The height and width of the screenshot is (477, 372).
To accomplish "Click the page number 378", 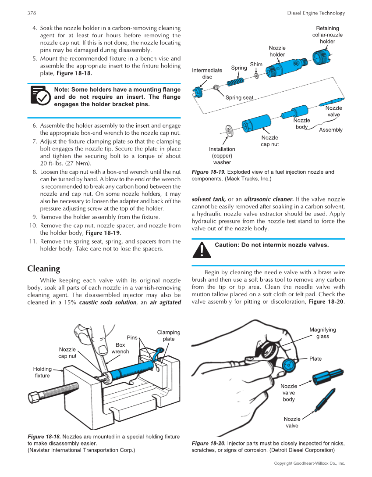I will [x=31, y=13].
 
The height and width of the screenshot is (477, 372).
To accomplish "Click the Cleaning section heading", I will [x=43, y=269].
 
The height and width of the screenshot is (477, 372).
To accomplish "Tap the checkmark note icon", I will [x=40, y=96].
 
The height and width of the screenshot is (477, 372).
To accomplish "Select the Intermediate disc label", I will [x=207, y=73].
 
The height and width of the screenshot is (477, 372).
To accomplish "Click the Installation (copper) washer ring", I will [x=228, y=130].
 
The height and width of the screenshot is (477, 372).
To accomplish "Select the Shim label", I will [x=256, y=65].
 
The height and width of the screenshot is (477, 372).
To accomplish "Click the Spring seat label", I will [x=239, y=97].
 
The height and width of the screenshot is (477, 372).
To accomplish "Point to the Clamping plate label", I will [x=168, y=336].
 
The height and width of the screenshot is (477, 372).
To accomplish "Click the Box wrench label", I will [x=120, y=348].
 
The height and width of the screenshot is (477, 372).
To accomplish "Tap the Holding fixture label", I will [x=43, y=372].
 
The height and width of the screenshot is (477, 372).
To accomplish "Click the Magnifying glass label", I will [x=322, y=333].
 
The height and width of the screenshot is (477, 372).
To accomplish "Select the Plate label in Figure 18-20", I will [x=315, y=359].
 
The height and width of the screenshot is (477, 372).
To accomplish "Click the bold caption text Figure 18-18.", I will [x=44, y=437].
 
